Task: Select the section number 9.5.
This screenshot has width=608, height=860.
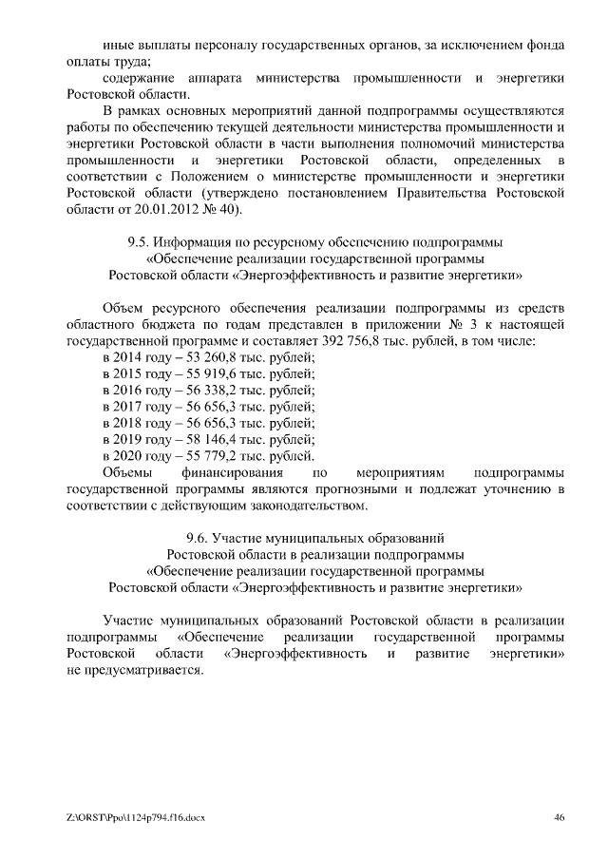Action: [140, 241]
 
